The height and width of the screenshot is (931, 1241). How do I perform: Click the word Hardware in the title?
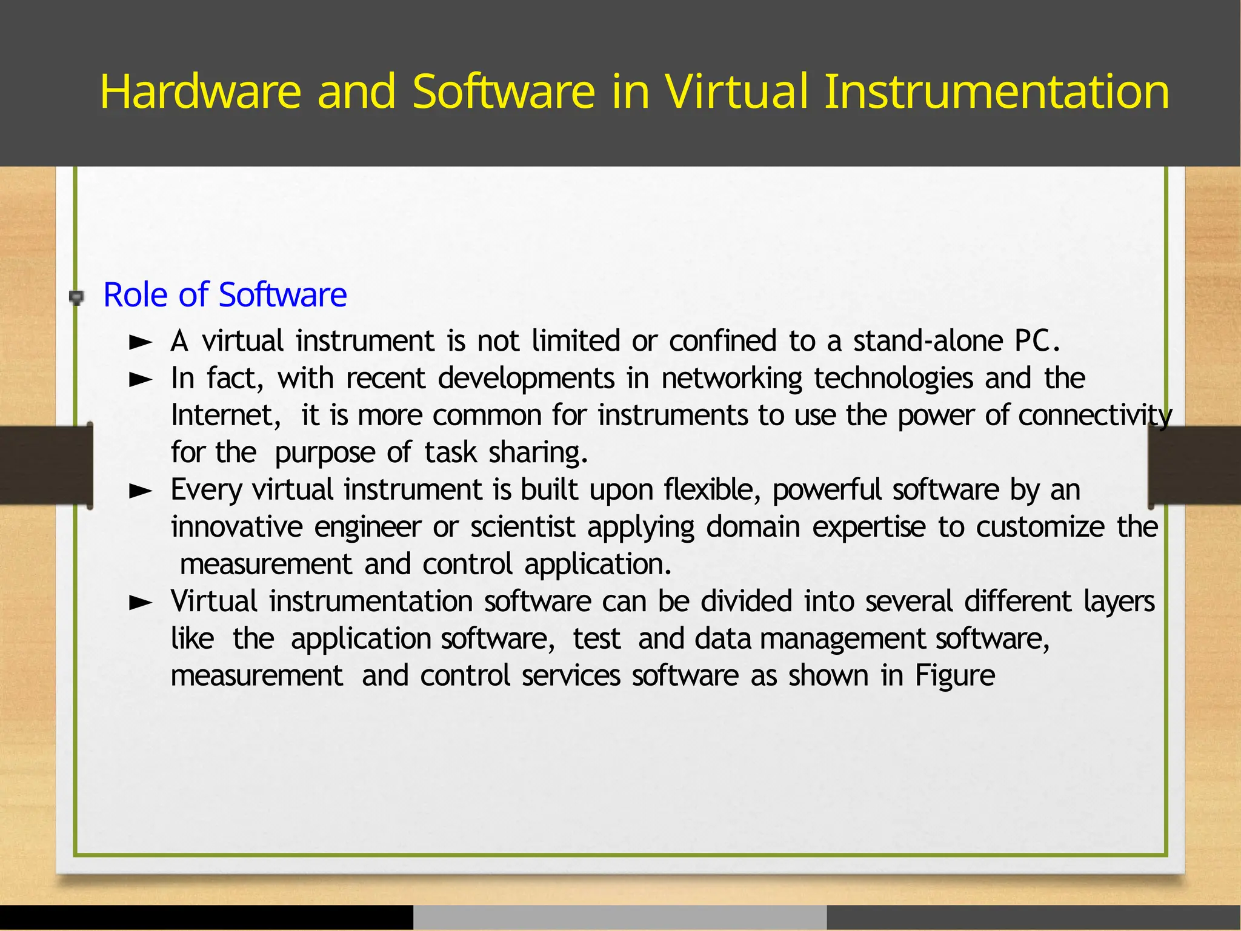click(200, 91)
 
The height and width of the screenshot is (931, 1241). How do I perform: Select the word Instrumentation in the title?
click(997, 91)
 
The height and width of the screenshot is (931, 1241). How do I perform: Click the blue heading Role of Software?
click(225, 295)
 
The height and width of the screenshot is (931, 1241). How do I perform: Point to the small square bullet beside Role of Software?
click(76, 297)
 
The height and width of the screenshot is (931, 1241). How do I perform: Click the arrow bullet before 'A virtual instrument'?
click(141, 343)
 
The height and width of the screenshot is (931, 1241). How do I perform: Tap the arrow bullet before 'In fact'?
click(141, 380)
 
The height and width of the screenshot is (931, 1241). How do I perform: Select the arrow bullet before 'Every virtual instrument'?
click(141, 491)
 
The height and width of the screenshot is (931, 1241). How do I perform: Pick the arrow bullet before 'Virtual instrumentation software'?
click(141, 603)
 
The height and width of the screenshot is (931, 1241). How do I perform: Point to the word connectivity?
click(1095, 416)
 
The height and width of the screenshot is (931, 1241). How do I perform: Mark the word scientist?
click(522, 527)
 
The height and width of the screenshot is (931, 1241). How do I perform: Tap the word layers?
click(1119, 602)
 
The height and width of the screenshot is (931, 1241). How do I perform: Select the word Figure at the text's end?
click(954, 675)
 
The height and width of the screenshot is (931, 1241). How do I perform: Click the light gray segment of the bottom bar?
click(620, 918)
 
